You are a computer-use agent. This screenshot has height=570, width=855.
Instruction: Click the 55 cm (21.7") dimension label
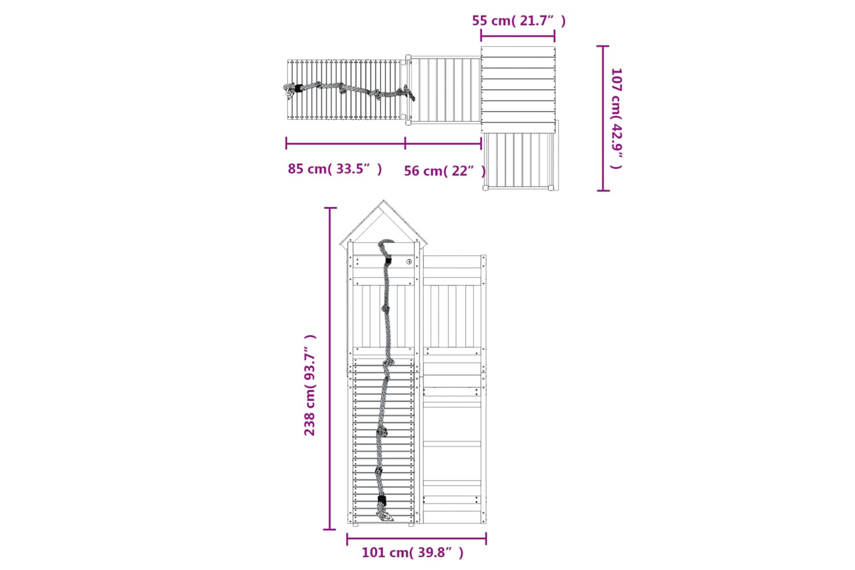click(519, 21)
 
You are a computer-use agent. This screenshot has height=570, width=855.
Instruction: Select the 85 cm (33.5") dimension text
click(335, 169)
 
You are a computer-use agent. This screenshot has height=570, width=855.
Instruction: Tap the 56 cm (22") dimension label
click(445, 170)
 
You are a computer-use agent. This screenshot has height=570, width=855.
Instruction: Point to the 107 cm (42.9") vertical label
click(616, 119)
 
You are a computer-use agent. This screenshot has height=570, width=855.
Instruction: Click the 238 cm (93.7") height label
click(310, 385)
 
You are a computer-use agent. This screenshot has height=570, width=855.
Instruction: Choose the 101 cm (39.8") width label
click(413, 552)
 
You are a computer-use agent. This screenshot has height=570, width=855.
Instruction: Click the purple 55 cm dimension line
click(518, 36)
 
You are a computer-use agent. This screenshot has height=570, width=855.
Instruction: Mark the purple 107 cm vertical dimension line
click(603, 118)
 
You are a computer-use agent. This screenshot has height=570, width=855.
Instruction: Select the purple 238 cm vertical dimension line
click(330, 369)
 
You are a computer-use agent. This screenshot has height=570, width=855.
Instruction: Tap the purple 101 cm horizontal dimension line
click(417, 539)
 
